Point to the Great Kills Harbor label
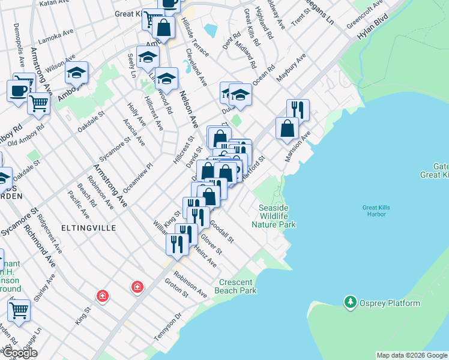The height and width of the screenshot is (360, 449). click(x=376, y=211)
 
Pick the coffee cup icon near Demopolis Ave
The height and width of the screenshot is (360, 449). click(x=18, y=91)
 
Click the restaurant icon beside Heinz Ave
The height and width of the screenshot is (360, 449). click(x=177, y=244)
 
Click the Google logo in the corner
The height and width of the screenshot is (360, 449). click(x=20, y=353)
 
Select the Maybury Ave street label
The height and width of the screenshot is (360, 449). click(x=291, y=68)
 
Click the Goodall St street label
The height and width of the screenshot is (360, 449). click(x=221, y=230)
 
